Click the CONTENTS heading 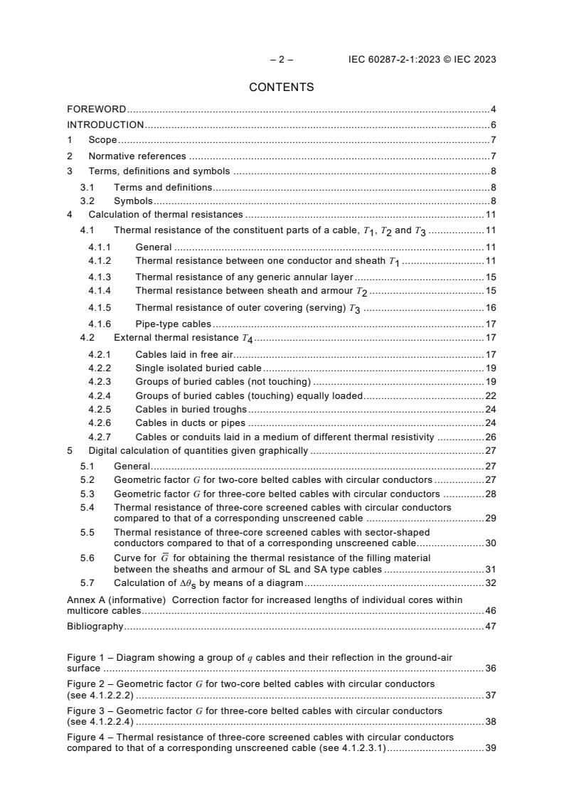281,87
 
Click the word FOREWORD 96,110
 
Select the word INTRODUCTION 105,125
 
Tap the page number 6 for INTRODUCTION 493,125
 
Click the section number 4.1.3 100,277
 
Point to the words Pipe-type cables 173,324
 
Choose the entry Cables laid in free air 184,354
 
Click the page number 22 490,395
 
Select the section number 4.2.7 100,437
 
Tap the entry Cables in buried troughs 191,409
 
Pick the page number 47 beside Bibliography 490,627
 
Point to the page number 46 490,611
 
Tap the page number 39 490,748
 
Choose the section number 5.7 87,583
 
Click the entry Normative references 137,156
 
